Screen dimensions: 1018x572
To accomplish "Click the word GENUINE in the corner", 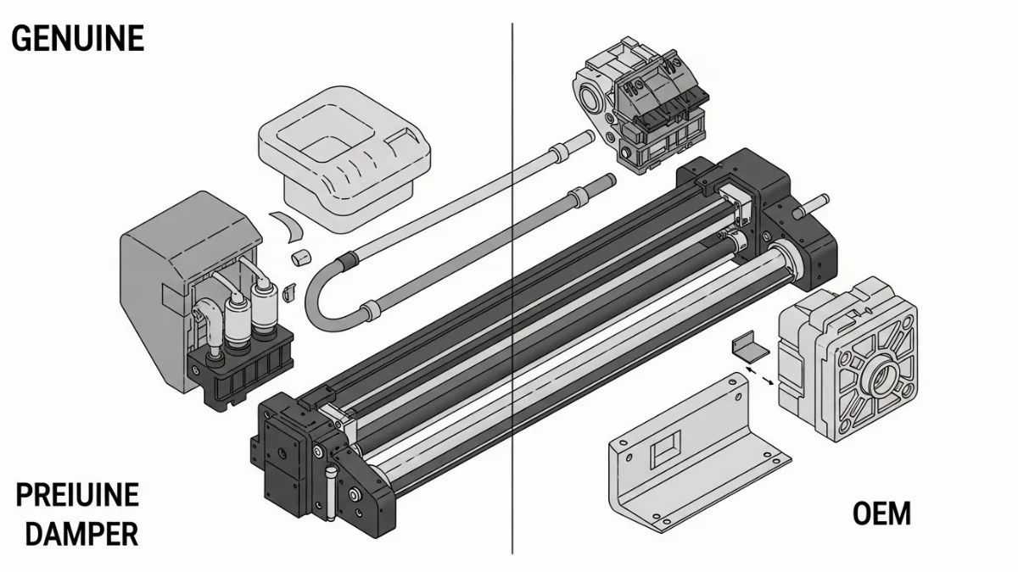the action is pos(78,39).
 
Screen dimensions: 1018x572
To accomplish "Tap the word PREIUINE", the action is pos(77,495).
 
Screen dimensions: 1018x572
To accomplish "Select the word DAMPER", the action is pos(81,535).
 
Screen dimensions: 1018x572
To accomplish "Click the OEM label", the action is pos(881,514).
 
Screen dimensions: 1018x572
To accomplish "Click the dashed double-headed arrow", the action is pos(759,377).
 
